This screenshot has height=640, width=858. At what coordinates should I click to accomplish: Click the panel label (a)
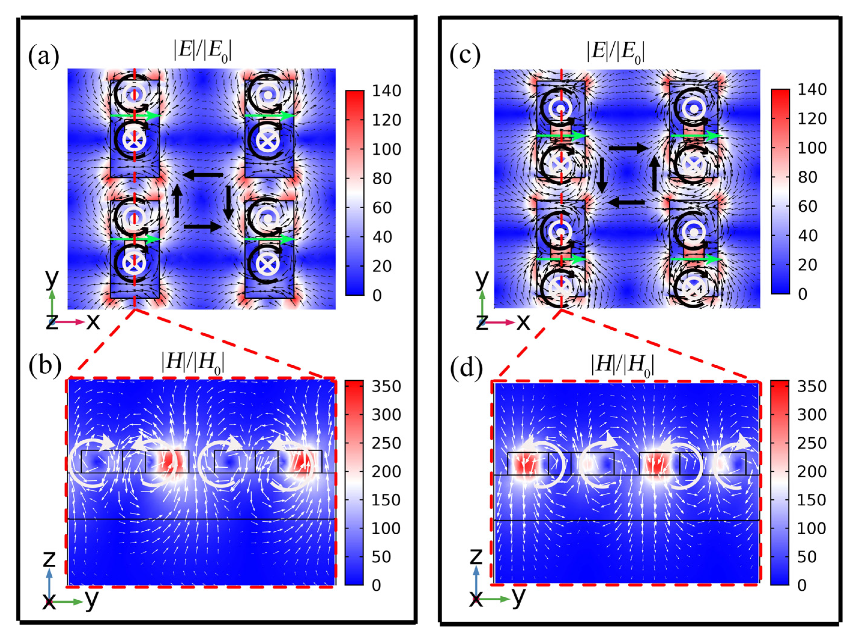[44, 57]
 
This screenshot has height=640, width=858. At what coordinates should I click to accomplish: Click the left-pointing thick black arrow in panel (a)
[203, 175]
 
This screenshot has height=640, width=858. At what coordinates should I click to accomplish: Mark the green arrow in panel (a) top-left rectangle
[135, 116]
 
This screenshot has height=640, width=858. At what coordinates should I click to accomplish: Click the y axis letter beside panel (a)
[52, 279]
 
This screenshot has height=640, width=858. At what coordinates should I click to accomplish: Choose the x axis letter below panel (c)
[523, 321]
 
